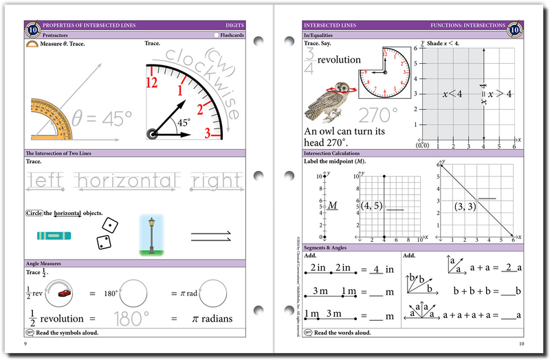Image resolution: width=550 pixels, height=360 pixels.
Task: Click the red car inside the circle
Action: coord(64,293)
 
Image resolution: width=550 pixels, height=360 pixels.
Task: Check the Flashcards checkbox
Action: coord(216,34)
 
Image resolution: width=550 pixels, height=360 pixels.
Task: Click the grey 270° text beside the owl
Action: coord(377,113)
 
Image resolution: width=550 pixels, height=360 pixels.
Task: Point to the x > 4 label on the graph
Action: coord(500,94)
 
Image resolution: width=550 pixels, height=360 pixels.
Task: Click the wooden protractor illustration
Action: coord(52,122)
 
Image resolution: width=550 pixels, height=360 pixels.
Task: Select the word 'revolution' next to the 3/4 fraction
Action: coord(339,60)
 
